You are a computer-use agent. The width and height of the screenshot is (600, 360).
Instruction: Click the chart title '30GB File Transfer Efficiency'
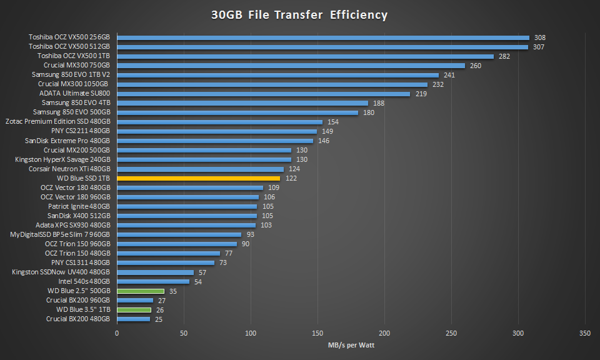(x=299, y=14)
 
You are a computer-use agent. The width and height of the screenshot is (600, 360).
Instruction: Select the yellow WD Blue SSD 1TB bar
(x=198, y=178)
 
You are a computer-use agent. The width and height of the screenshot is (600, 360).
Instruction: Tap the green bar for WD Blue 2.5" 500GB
(x=141, y=291)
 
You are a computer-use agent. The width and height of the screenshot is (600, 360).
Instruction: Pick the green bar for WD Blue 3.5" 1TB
(x=134, y=309)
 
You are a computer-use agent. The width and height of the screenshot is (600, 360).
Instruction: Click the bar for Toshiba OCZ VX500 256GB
(x=323, y=37)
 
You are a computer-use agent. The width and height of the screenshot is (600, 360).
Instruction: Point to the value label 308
(x=539, y=37)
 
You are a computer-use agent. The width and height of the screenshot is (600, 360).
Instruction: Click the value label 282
(x=504, y=56)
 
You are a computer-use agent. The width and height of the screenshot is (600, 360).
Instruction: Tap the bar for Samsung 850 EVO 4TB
(x=242, y=103)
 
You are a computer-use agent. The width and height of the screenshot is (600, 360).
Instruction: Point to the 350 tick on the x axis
(x=585, y=333)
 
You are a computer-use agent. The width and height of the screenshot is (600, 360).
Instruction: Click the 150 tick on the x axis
(x=317, y=333)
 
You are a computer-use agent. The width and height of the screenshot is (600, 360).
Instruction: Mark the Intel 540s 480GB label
(x=80, y=281)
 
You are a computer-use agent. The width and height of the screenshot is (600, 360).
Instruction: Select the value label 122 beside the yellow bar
(x=291, y=178)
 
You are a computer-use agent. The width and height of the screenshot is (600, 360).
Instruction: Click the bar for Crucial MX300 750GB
(x=291, y=66)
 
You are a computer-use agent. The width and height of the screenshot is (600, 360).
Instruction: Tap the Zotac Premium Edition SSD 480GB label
(x=58, y=122)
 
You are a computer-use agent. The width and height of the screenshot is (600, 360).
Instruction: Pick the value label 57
(x=202, y=272)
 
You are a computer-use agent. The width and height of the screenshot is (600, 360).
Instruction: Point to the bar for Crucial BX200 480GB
(x=134, y=319)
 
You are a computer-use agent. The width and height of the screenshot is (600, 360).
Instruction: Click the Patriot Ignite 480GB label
(x=79, y=206)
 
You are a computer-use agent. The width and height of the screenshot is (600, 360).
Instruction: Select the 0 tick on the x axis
(x=117, y=333)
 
